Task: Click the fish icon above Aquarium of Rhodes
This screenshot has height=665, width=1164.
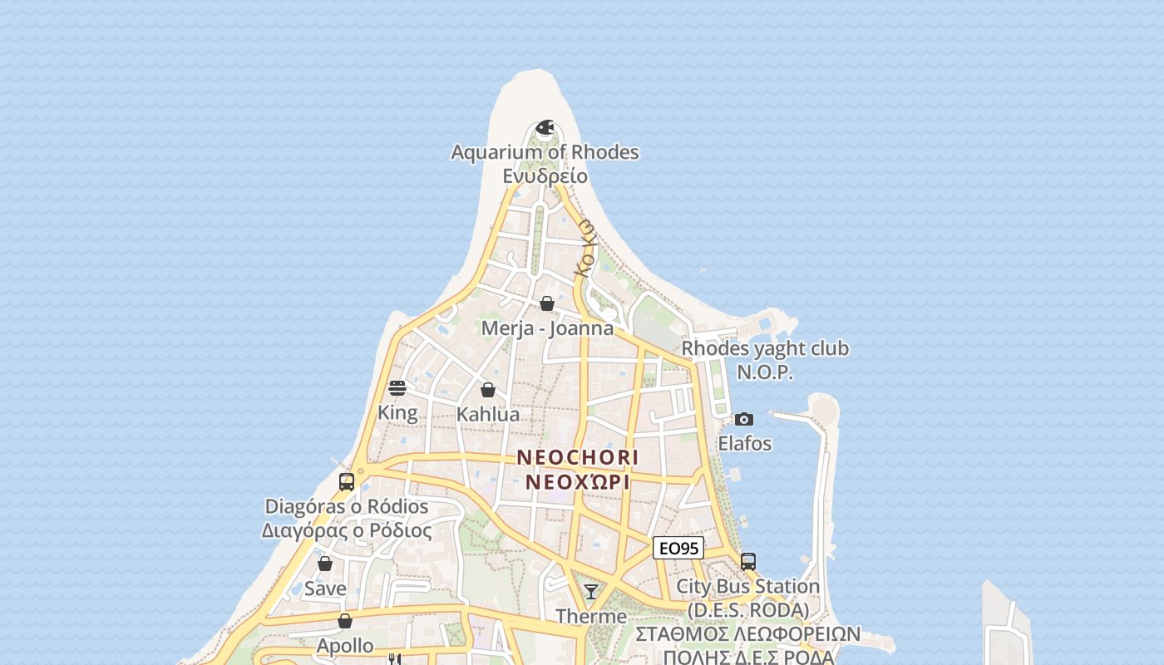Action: pyautogui.click(x=545, y=127)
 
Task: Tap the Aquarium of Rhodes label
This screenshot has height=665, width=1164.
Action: pyautogui.click(x=545, y=152)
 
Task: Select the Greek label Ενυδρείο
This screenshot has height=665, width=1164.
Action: pyautogui.click(x=545, y=175)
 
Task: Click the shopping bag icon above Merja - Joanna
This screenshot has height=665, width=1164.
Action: pyautogui.click(x=547, y=303)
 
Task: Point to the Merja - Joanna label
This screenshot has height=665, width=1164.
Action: pyautogui.click(x=547, y=328)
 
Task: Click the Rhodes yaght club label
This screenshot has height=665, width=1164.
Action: pyautogui.click(x=765, y=348)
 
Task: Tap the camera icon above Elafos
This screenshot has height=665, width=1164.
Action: pyautogui.click(x=744, y=419)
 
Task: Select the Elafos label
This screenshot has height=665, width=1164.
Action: pyautogui.click(x=744, y=443)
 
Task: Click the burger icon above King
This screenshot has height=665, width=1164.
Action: pyautogui.click(x=397, y=388)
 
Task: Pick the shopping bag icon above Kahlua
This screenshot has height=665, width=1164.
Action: pyautogui.click(x=488, y=390)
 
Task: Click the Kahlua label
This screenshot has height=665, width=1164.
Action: pyautogui.click(x=488, y=414)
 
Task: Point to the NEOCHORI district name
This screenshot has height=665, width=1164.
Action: pyautogui.click(x=578, y=457)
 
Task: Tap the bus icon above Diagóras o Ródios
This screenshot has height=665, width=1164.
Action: pyautogui.click(x=347, y=482)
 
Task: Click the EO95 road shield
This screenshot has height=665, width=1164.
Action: pyautogui.click(x=678, y=548)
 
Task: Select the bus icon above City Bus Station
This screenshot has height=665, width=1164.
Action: pyautogui.click(x=748, y=562)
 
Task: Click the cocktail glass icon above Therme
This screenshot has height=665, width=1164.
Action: pyautogui.click(x=591, y=592)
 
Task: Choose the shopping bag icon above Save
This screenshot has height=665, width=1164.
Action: pyautogui.click(x=325, y=564)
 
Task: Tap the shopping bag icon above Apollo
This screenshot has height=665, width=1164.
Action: pyautogui.click(x=345, y=621)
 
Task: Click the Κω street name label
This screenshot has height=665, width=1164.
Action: pyautogui.click(x=585, y=247)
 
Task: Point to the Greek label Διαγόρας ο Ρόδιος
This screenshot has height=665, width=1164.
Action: pyautogui.click(x=347, y=530)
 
